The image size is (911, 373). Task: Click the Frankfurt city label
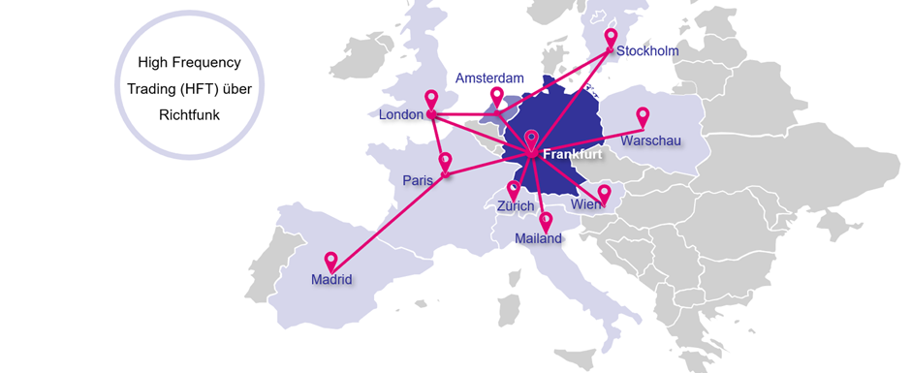pyautogui.click(x=574, y=155)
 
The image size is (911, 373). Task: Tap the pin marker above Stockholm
pyautogui.click(x=611, y=37)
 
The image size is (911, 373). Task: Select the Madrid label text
pyautogui.click(x=331, y=280)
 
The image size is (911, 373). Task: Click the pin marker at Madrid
pyautogui.click(x=330, y=260)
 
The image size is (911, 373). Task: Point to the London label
pyautogui.click(x=401, y=115)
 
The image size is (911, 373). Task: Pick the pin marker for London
pyautogui.click(x=432, y=99)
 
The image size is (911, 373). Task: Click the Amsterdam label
pyautogui.click(x=489, y=78)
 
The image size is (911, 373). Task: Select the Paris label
pyautogui.click(x=418, y=180)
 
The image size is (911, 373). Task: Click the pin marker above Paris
pyautogui.click(x=445, y=161)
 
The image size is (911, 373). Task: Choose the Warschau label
pyautogui.click(x=651, y=141)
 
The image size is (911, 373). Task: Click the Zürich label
pyautogui.click(x=515, y=206)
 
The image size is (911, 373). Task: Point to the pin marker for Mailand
pyautogui.click(x=546, y=220)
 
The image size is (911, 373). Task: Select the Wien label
pyautogui.click(x=584, y=205)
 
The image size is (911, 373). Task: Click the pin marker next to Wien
pyautogui.click(x=604, y=192)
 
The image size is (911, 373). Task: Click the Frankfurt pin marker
pyautogui.click(x=531, y=141)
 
